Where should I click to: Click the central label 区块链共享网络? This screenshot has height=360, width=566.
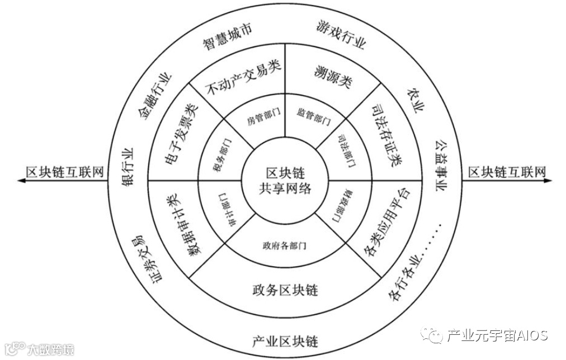pos(285,180)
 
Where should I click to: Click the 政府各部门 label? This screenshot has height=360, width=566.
pos(285,244)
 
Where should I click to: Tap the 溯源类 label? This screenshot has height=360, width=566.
pos(330,77)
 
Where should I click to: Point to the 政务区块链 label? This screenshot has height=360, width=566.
pos(285,291)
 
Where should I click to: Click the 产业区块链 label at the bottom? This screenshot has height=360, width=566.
pos(286,340)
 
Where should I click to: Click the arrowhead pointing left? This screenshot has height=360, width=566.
pos(20,180)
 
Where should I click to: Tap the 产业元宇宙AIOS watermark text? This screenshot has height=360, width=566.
pos(497,335)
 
